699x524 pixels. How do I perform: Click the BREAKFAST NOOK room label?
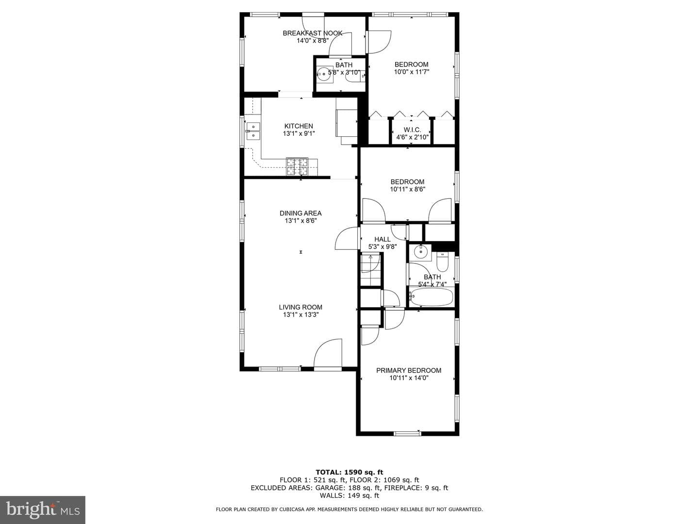(x=313, y=33)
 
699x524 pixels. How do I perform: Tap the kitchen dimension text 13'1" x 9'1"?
(x=299, y=133)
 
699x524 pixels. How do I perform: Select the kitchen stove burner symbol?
(x=297, y=166)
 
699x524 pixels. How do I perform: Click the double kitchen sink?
(x=253, y=131)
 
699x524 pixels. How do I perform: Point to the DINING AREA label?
(x=300, y=213)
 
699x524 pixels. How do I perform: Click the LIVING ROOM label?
(x=300, y=307)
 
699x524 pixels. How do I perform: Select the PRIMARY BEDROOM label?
(x=409, y=370)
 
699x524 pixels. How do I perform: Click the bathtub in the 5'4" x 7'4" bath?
(x=431, y=297)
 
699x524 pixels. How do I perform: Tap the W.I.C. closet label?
(x=413, y=130)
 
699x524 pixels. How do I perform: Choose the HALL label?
(x=382, y=239)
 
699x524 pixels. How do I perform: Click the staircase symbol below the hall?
(x=371, y=269)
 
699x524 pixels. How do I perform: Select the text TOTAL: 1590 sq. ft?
(x=349, y=472)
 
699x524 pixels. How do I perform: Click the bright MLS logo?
(x=42, y=509)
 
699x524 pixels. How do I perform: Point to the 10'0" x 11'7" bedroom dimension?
(x=412, y=72)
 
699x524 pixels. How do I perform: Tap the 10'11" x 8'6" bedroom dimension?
(x=408, y=189)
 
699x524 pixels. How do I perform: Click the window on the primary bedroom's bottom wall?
(x=407, y=433)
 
